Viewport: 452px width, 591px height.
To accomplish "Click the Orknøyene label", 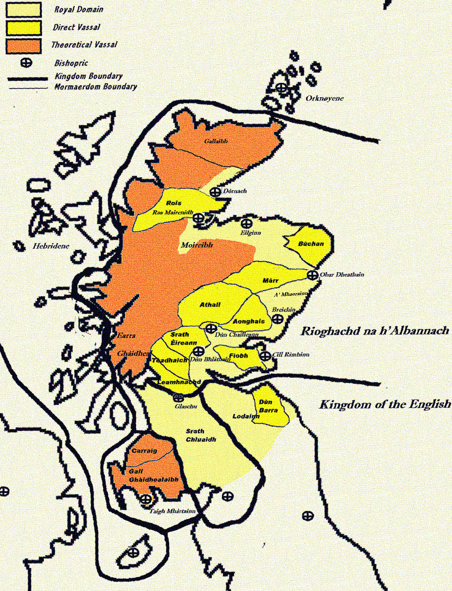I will [x=324, y=98].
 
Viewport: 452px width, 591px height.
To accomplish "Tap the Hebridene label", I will [x=51, y=246].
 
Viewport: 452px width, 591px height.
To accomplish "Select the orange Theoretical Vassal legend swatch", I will [x=23, y=46].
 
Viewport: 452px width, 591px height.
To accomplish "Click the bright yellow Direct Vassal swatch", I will [x=23, y=28].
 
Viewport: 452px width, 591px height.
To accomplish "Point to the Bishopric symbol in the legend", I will [x=26, y=63].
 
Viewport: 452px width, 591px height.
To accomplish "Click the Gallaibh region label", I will [x=216, y=141].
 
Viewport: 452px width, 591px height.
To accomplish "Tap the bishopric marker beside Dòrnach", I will [x=215, y=192].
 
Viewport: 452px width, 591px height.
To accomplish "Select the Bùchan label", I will [x=311, y=244].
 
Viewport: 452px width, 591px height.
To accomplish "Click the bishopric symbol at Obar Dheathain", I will [x=312, y=275].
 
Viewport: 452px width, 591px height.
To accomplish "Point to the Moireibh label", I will [x=197, y=245].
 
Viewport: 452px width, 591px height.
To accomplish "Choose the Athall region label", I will [x=210, y=305].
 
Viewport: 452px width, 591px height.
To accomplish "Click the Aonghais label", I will [x=249, y=322].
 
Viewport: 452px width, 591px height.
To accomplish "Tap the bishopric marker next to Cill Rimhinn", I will [x=265, y=355].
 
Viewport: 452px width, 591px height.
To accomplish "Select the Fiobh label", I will [x=239, y=356].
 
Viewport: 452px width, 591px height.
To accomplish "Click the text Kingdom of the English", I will [x=385, y=404].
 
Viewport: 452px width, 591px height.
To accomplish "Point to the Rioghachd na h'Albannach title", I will [x=375, y=331].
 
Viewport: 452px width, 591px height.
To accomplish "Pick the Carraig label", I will [x=144, y=451].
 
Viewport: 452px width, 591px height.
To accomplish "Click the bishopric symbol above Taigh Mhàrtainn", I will [x=146, y=499].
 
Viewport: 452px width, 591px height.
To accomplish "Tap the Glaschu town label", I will [x=186, y=406].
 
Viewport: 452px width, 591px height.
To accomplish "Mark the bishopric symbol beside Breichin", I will [x=277, y=318].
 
